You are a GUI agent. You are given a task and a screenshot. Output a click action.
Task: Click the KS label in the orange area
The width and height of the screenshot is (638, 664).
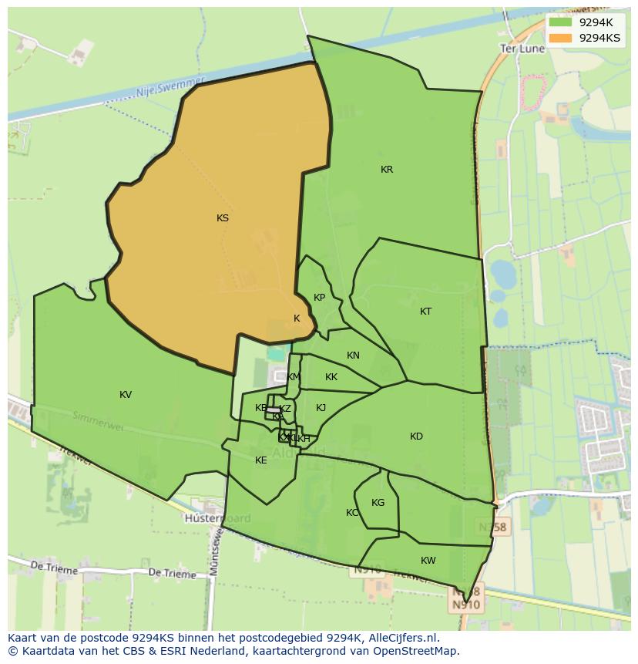pyautogui.click(x=223, y=218)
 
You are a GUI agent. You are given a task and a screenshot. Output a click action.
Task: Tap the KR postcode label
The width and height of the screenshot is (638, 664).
pyautogui.click(x=387, y=170)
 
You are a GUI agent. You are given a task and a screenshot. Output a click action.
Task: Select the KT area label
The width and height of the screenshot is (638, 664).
pyautogui.click(x=426, y=312)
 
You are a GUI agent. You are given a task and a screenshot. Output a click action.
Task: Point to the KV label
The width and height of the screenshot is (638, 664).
pyautogui.click(x=126, y=395)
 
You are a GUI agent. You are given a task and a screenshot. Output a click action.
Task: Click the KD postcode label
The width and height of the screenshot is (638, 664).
pyautogui.click(x=416, y=436)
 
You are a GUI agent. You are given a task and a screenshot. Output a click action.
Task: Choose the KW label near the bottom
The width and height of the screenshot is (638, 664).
pyautogui.click(x=428, y=561)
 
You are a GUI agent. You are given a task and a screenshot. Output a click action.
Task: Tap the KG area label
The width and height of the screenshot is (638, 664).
pyautogui.click(x=378, y=503)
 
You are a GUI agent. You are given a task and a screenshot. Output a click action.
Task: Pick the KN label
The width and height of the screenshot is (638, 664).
pyautogui.click(x=353, y=356)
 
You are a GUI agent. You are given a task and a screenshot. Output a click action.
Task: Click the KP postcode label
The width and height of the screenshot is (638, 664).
pyautogui.click(x=319, y=298)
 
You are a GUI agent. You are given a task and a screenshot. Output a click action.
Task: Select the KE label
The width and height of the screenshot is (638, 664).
pyautogui.click(x=261, y=460)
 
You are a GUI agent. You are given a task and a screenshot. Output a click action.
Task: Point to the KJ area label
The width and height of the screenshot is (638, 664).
pyautogui.click(x=321, y=408)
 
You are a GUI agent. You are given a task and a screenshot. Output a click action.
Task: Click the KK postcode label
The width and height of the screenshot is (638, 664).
pyautogui.click(x=331, y=377)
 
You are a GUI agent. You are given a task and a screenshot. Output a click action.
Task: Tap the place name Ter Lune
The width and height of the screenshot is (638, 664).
pyautogui.click(x=522, y=48)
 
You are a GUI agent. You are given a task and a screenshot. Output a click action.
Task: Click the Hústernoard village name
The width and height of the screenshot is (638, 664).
pyautogui.click(x=217, y=518)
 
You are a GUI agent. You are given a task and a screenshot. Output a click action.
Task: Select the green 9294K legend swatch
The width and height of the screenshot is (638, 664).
pyautogui.click(x=560, y=22)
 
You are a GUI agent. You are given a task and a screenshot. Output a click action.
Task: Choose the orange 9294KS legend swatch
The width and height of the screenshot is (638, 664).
pyautogui.click(x=560, y=38)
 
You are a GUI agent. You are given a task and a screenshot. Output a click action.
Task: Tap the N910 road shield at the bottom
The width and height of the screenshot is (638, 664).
pyautogui.click(x=465, y=605)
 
